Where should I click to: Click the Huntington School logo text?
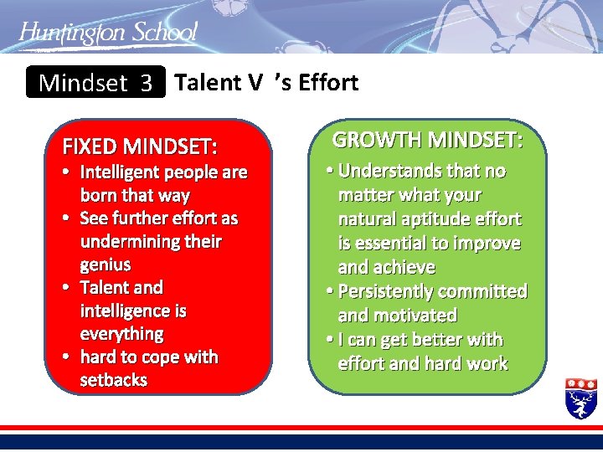[x=108, y=33]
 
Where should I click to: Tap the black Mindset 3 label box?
[x=95, y=83]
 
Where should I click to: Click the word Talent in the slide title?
[x=209, y=82]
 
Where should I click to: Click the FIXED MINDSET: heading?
[x=140, y=147]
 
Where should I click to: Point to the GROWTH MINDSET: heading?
[x=427, y=139]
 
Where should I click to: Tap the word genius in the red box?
[x=106, y=265]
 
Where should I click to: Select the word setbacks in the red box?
[x=114, y=380]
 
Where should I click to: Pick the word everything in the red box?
[x=121, y=334]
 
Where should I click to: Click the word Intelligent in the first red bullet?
[x=122, y=172]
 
